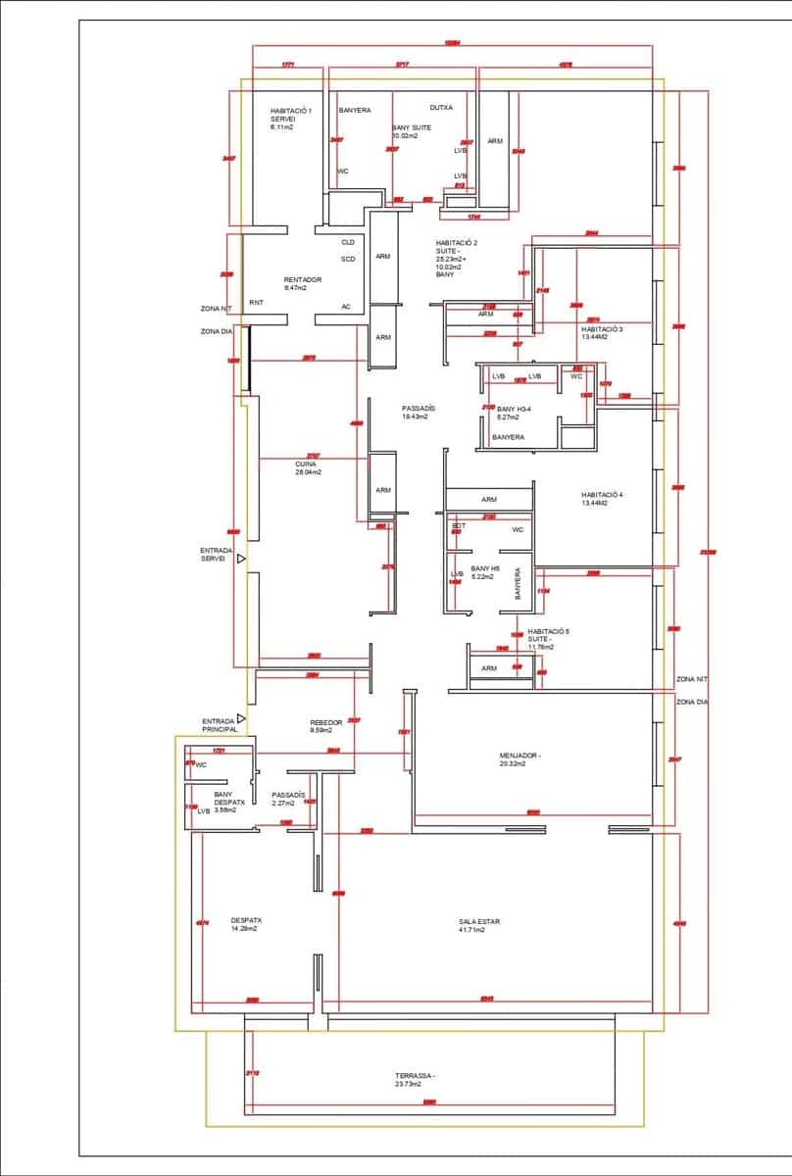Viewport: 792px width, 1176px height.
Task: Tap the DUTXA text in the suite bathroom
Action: (441, 108)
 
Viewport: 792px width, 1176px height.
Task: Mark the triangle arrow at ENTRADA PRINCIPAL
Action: (241, 718)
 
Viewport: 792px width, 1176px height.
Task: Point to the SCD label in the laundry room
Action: (348, 260)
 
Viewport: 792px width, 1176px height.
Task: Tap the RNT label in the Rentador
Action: (256, 303)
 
